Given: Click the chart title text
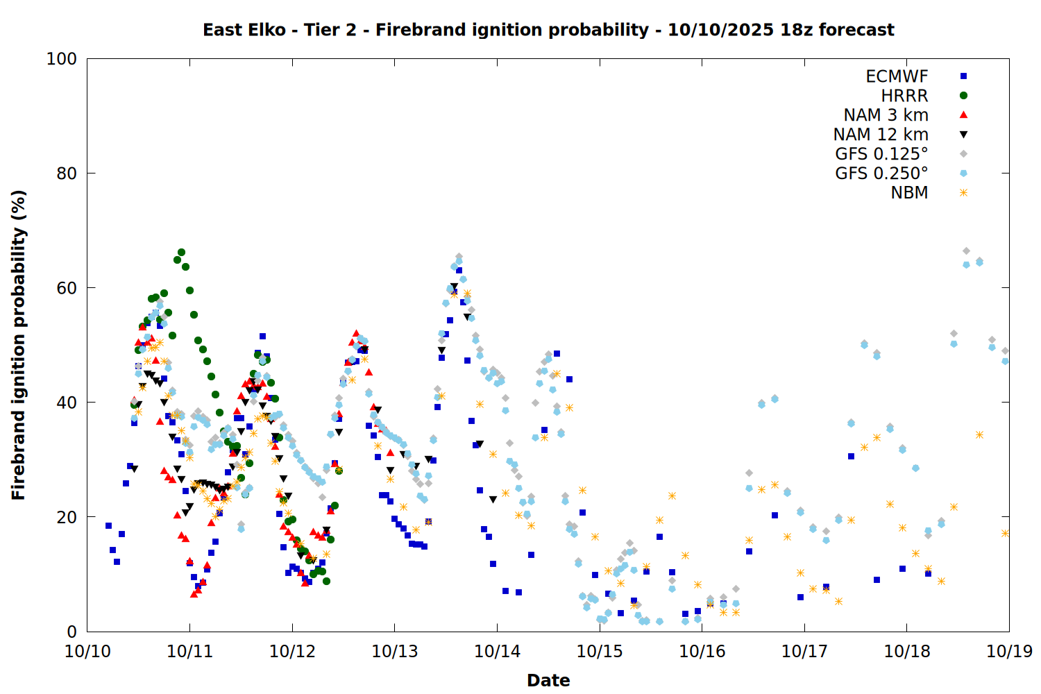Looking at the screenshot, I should click(548, 30).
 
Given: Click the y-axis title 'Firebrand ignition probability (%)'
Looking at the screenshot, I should click(19, 345).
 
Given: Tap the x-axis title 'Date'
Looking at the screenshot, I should click(548, 680).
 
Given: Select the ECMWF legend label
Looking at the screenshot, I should click(897, 76).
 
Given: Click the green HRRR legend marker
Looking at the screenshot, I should click(963, 96).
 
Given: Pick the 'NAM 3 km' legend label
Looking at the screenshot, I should click(886, 115).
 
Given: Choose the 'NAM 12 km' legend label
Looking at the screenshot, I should click(881, 135).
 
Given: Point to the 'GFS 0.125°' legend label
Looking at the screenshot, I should click(881, 154).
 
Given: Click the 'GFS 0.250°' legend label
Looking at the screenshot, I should click(881, 173).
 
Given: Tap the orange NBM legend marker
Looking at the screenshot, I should click(963, 193).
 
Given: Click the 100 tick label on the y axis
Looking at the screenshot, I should click(62, 59).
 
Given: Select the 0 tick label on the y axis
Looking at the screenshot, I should click(71, 632).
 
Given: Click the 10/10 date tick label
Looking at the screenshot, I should click(87, 652).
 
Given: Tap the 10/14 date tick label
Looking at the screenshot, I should click(497, 652).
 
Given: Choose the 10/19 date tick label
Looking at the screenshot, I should click(1009, 652).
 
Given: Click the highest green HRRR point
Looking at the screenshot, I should click(181, 253).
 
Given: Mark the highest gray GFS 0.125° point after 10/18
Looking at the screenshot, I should click(966, 251).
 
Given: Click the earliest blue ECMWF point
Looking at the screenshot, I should click(108, 525).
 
